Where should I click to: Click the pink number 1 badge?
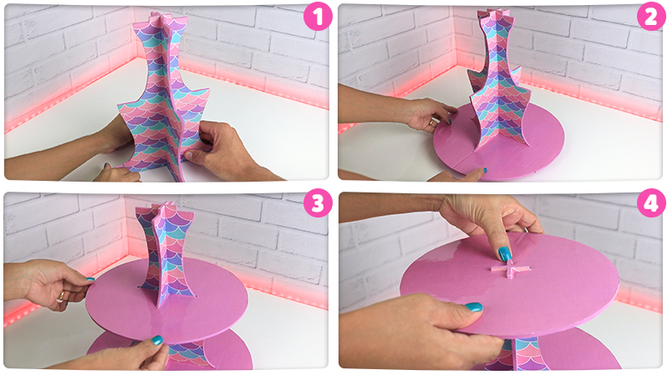tap(318, 17)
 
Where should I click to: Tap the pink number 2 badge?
tap(651, 17)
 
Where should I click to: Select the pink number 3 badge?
tap(318, 203)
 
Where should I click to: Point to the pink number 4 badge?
tap(651, 203)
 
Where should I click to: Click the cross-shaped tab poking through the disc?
tap(511, 269)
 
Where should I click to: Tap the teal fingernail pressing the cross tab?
tap(505, 254)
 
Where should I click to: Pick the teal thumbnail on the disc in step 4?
tap(474, 307)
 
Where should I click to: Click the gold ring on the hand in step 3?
tap(62, 296)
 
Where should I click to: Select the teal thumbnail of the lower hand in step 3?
tap(157, 340)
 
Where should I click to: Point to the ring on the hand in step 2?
tap(432, 122)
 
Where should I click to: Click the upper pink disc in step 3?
tap(167, 301)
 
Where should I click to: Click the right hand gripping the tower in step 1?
tap(225, 151)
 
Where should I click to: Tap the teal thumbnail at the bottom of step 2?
tap(481, 171)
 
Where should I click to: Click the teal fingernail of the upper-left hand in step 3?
tap(89, 279)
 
